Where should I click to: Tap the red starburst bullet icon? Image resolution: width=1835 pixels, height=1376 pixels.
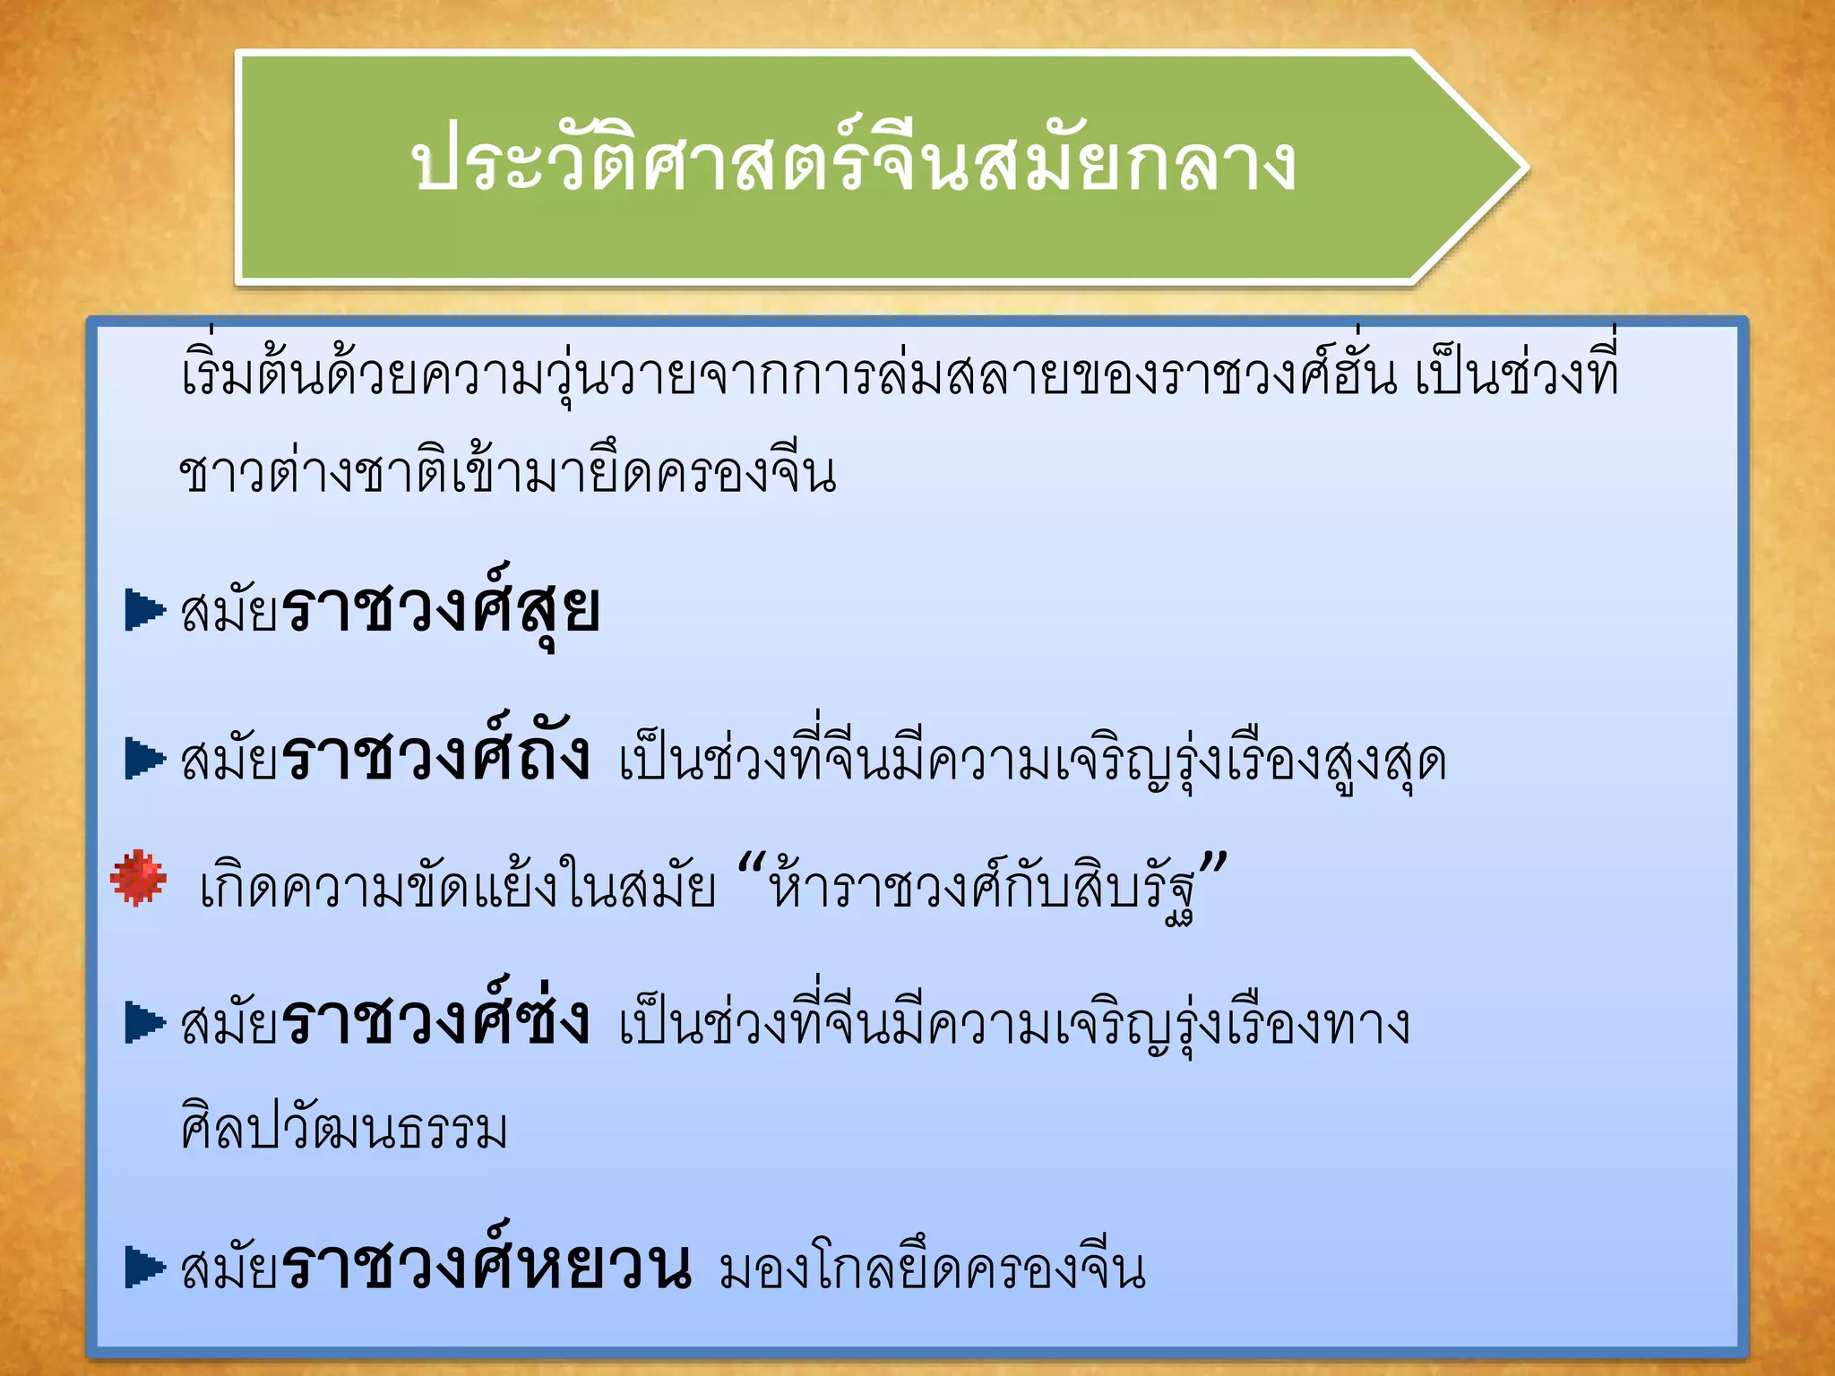point(138,878)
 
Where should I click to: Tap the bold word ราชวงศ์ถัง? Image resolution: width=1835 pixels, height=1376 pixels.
point(435,758)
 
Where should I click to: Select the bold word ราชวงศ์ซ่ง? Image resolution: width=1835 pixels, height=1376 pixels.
point(435,1022)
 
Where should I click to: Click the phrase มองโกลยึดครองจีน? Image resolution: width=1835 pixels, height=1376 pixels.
point(932,1268)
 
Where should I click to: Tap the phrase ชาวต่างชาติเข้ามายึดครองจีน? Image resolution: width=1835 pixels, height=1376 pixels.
point(507,472)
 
